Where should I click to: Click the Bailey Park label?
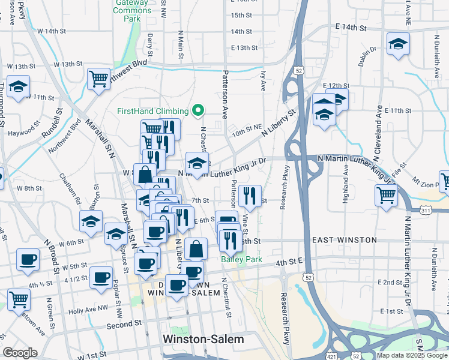click(x=241, y=259)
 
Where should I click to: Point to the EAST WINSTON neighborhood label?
click(x=344, y=240)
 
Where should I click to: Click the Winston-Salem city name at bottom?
click(x=203, y=339)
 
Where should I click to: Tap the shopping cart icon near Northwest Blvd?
click(x=98, y=78)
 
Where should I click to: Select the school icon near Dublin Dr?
click(x=397, y=44)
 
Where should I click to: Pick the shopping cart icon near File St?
click(x=386, y=194)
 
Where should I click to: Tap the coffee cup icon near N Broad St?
click(x=28, y=259)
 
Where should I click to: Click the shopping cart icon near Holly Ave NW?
click(x=19, y=298)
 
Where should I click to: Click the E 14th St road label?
click(x=351, y=27)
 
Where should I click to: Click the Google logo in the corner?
click(x=19, y=353)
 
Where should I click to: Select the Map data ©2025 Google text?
click(x=412, y=355)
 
